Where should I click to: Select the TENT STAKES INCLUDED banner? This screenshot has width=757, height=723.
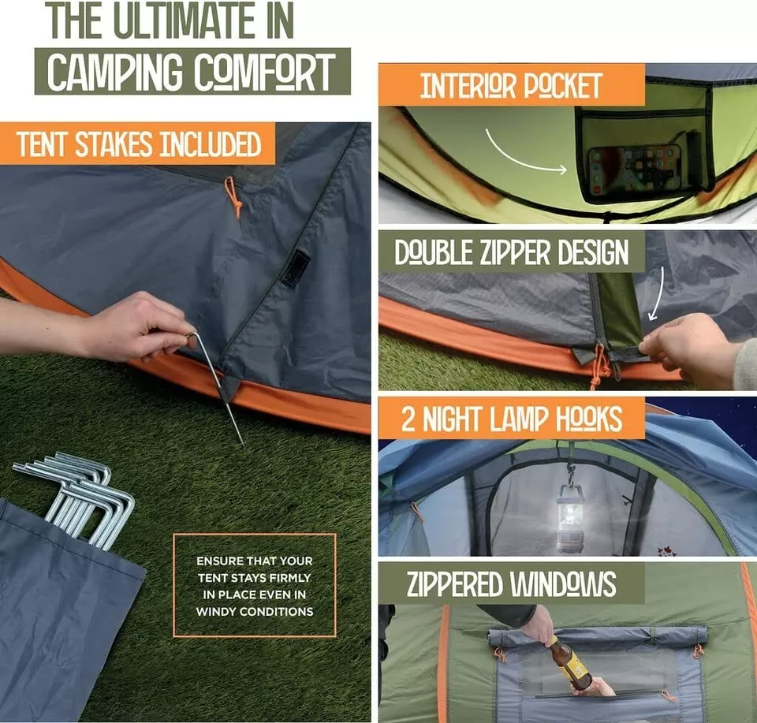point(138,144)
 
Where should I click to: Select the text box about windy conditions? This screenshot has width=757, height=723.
point(254,585)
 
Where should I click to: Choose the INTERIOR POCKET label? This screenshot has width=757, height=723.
point(511,85)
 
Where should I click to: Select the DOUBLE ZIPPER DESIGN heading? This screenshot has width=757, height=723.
point(511,253)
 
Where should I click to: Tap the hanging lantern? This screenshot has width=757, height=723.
point(571,516)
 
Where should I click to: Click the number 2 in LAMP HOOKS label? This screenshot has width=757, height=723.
point(408,419)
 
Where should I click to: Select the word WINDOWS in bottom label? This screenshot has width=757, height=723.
point(562,584)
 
